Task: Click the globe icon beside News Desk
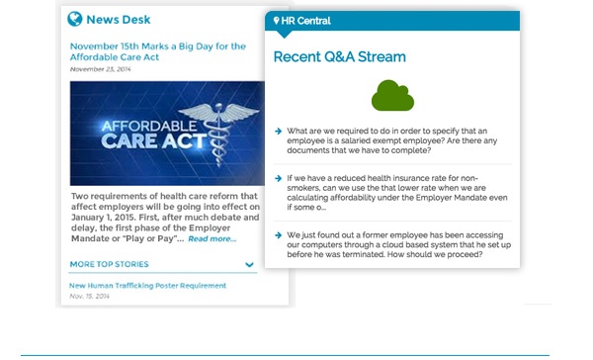75,19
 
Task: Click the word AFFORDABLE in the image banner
129,127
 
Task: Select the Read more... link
212,238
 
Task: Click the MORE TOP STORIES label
109,264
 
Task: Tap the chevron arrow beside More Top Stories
250,265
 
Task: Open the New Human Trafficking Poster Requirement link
147,286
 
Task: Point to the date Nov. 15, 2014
90,296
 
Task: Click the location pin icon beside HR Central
276,21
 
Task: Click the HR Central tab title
305,21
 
